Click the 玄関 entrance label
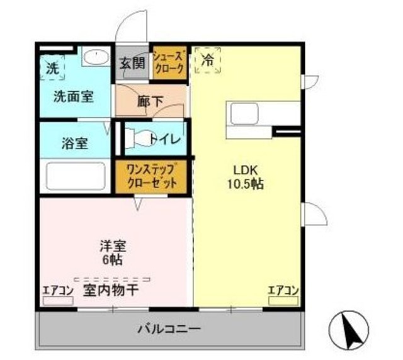pyautogui.click(x=133, y=63)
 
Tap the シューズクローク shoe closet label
pyautogui.click(x=170, y=63)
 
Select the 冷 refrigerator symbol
pyautogui.click(x=208, y=61)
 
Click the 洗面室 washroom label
pyautogui.click(x=74, y=97)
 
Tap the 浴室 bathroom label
pyautogui.click(x=74, y=143)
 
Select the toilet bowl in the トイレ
pyautogui.click(x=139, y=137)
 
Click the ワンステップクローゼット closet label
pyautogui.click(x=151, y=177)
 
